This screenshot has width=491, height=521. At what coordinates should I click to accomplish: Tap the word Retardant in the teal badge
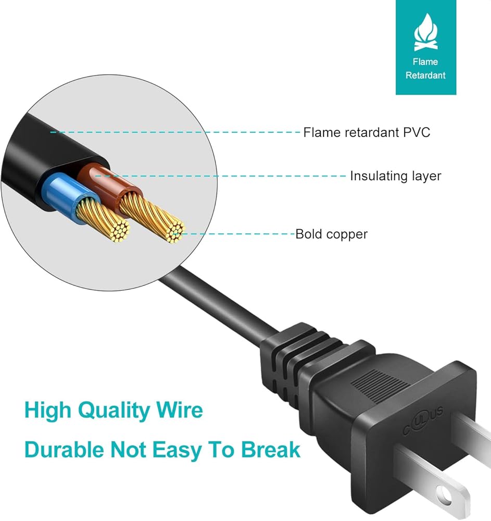[425, 75]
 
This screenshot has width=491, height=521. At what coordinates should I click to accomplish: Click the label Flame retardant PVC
[367, 132]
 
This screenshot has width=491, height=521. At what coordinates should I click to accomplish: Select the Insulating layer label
[395, 176]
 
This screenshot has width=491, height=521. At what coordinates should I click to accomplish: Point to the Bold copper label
[331, 234]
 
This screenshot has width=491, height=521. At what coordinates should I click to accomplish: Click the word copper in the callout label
[347, 234]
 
